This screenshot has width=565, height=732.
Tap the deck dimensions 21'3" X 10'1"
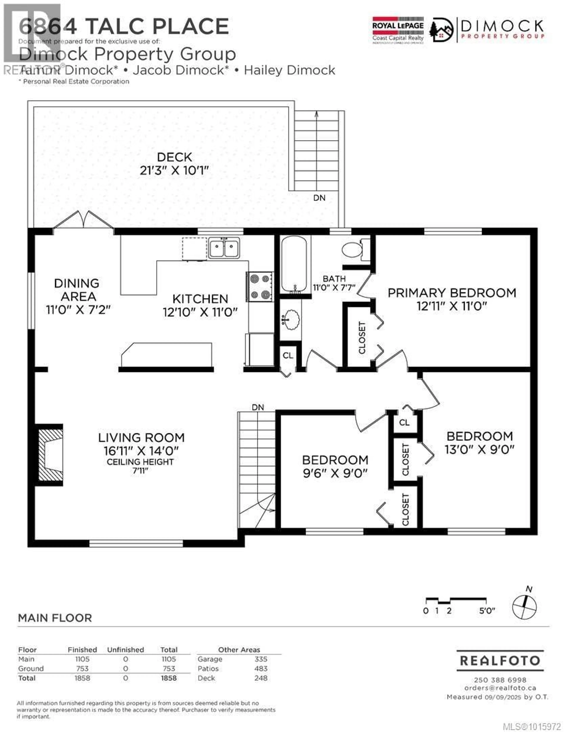174,170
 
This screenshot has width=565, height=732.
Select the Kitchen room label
200,299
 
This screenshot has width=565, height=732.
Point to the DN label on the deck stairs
319,198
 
